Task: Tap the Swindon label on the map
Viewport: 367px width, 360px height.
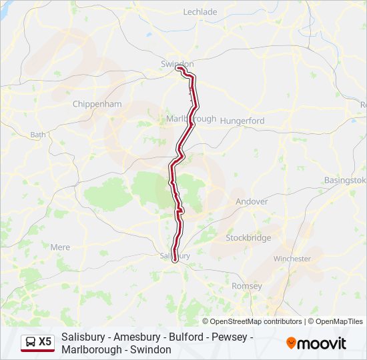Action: [x=177, y=63]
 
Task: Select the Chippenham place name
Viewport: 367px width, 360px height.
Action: [x=97, y=104]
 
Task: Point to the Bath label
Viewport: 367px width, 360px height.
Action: [x=38, y=134]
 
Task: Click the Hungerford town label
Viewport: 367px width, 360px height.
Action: [x=243, y=121]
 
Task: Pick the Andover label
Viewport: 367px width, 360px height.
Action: [x=252, y=201]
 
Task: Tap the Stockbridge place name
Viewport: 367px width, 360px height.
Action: [x=248, y=237]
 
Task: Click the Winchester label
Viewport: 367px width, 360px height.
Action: [x=292, y=258]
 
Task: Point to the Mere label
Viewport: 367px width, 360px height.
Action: [x=60, y=247]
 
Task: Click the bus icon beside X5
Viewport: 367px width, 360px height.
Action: [x=30, y=342]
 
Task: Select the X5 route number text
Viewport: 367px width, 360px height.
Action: [x=45, y=342]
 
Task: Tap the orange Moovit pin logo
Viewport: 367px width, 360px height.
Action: [x=292, y=343]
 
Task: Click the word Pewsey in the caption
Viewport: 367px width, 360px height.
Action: [x=227, y=337]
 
